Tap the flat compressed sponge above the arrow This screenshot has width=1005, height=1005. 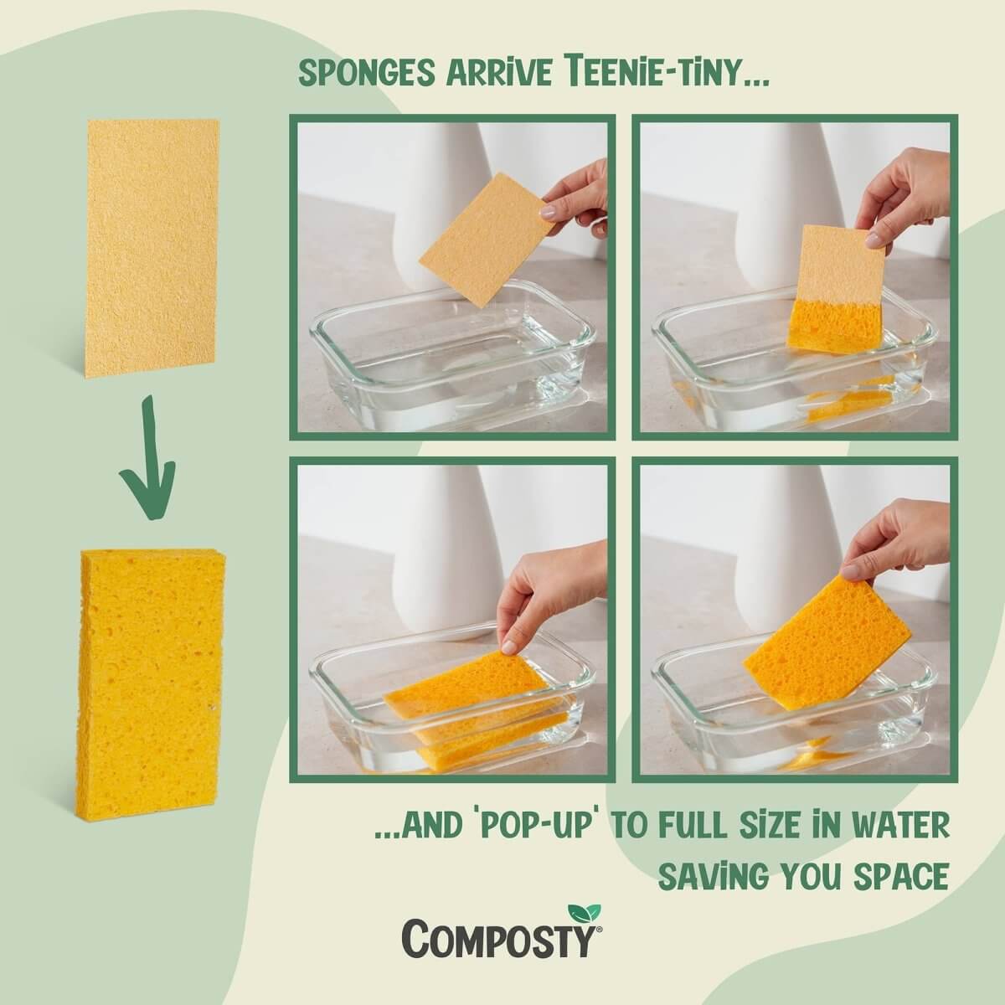(x=152, y=247)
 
